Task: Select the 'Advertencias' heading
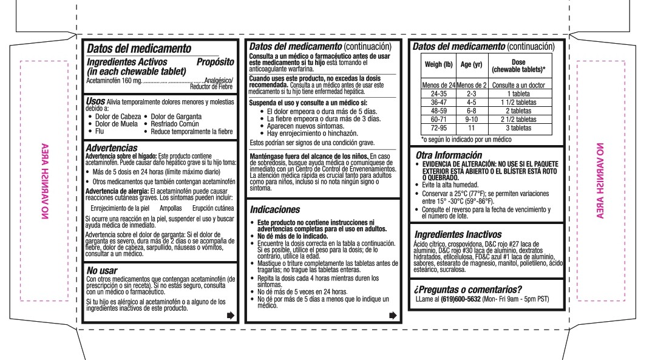point(112,148)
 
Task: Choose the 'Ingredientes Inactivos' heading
point(458,234)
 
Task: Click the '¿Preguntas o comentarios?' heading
point(467,288)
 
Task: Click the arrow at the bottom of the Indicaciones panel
point(393,315)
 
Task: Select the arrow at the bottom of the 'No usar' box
point(229,315)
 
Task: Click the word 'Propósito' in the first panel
point(216,62)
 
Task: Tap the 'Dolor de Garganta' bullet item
point(176,116)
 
